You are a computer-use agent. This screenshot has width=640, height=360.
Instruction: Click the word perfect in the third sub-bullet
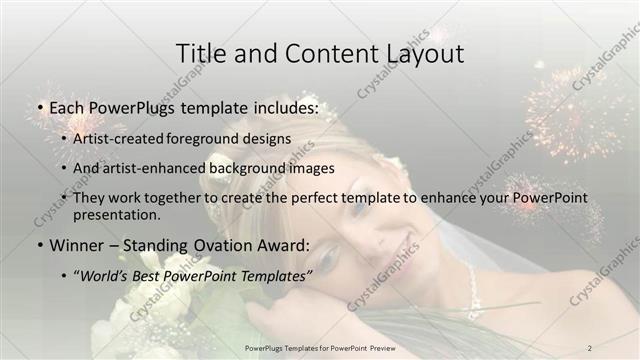click(x=311, y=198)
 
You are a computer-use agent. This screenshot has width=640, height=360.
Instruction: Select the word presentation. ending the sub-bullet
click(x=116, y=214)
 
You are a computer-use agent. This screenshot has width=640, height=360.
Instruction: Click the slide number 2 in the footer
click(x=590, y=347)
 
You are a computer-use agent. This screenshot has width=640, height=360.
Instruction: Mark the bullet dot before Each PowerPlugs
click(x=37, y=106)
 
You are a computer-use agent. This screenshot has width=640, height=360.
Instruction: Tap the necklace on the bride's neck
click(x=471, y=280)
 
